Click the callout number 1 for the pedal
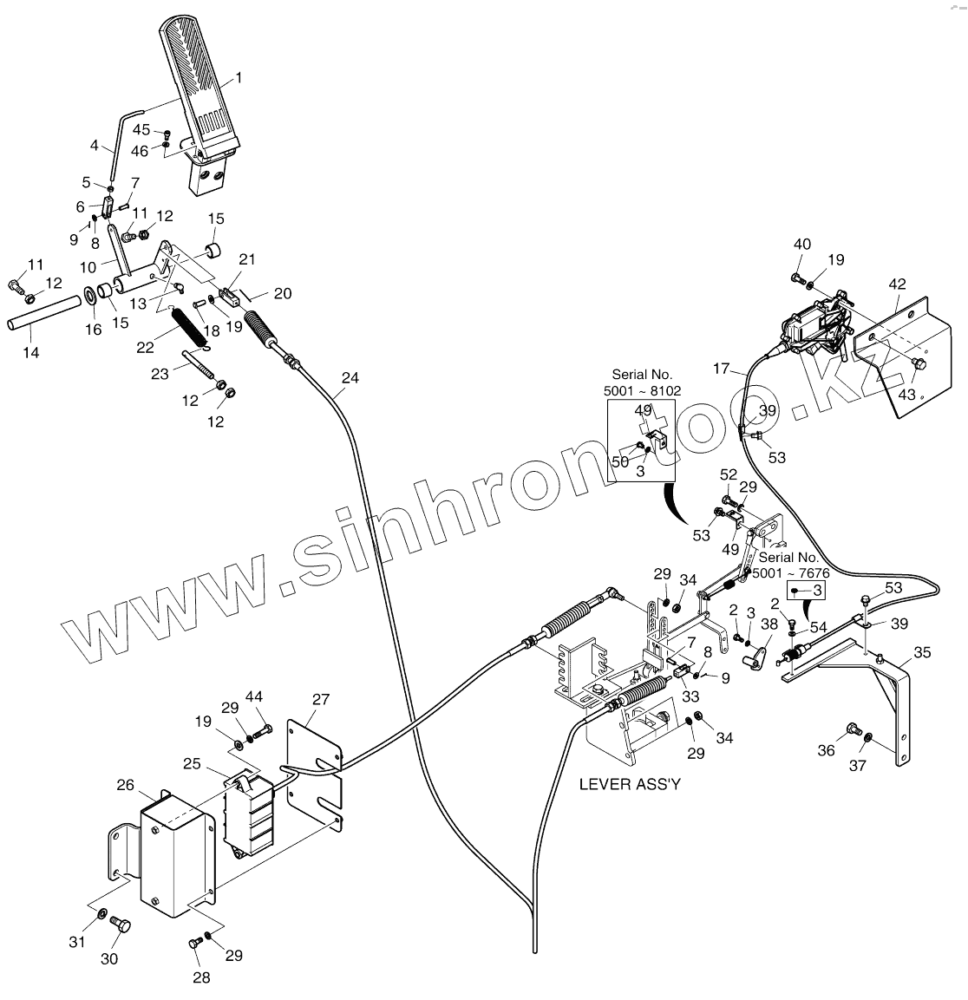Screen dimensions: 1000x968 coord(239,77)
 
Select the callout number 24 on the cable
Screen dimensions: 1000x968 coord(349,378)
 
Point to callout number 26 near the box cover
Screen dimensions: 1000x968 coord(126,785)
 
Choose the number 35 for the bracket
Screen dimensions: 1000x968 coord(922,653)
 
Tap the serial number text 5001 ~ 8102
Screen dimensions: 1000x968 coord(642,391)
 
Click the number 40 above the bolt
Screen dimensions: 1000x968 coord(802,245)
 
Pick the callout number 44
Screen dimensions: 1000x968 coord(254,696)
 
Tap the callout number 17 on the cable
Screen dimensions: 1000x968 coord(722,369)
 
